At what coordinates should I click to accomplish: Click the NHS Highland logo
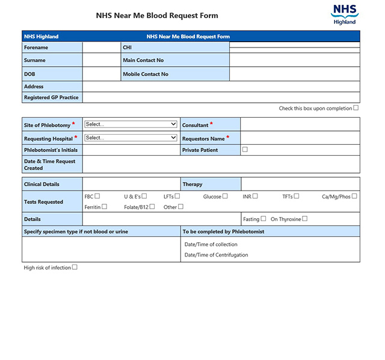[345, 14]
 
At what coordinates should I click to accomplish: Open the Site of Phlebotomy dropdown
[131, 124]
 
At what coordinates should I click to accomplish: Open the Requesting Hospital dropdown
[131, 138]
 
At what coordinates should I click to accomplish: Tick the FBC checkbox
[97, 196]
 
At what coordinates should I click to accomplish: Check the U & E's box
[144, 196]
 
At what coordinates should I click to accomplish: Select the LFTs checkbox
[177, 196]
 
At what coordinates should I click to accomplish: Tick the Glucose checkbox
[225, 196]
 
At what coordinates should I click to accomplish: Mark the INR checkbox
[255, 196]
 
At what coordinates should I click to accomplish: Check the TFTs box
[297, 196]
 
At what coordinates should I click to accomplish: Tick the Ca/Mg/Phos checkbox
[355, 196]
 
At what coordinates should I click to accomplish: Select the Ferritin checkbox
[105, 207]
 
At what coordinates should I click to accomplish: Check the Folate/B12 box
[152, 207]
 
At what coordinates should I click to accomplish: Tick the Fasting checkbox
[263, 219]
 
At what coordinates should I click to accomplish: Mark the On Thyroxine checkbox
[305, 219]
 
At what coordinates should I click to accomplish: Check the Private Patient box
[245, 150]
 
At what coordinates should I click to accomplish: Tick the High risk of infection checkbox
[75, 267]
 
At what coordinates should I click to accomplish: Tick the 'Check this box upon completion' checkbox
[356, 108]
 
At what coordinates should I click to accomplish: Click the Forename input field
[101, 47]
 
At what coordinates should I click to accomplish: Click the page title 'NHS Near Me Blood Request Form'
[157, 16]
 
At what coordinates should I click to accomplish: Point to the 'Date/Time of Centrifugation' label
[216, 255]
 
